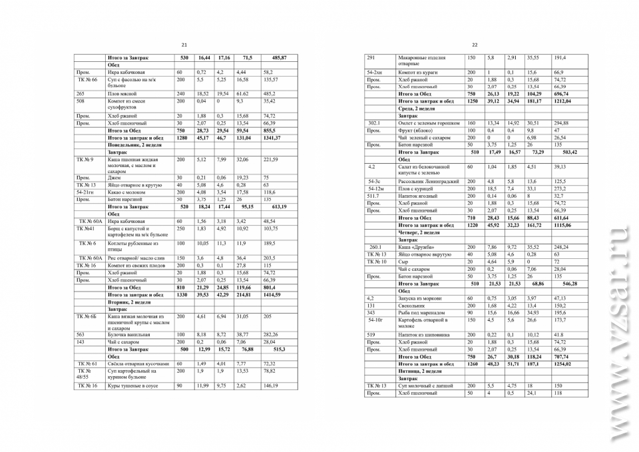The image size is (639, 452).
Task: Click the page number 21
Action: pyautogui.click(x=184, y=45)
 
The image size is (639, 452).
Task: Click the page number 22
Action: pyautogui.click(x=475, y=45)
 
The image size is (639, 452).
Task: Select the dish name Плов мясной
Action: pyautogui.click(x=121, y=94)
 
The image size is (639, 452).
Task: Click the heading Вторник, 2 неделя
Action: pyautogui.click(x=129, y=302)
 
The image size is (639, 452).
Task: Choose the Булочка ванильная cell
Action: pyautogui.click(x=128, y=334)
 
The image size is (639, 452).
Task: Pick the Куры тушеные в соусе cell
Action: pyautogui.click(x=131, y=385)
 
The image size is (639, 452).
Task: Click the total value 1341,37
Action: pyautogui.click(x=274, y=138)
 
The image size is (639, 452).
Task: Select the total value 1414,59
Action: pyautogui.click(x=274, y=294)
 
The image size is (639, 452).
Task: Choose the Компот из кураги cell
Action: pyautogui.click(x=416, y=72)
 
